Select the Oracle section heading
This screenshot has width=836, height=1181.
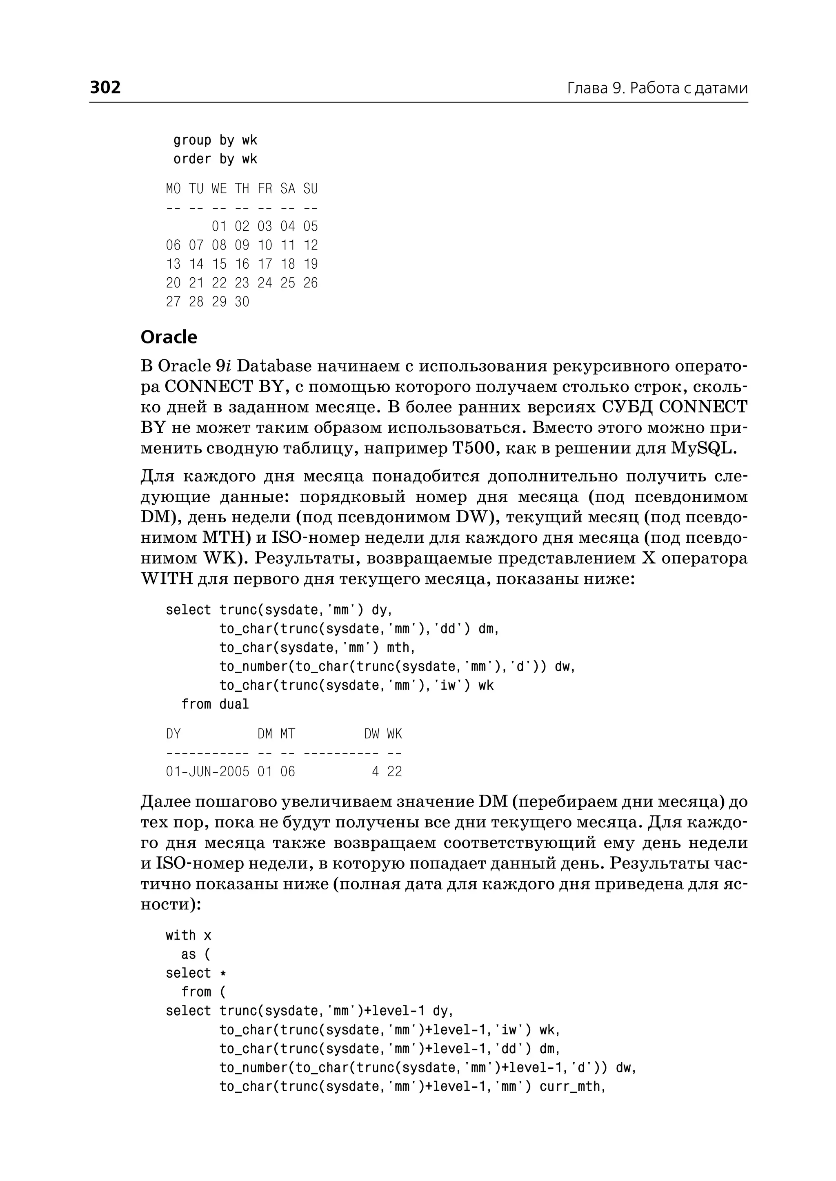pos(169,337)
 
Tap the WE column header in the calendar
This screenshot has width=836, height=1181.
pos(219,189)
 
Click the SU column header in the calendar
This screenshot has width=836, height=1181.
pos(310,189)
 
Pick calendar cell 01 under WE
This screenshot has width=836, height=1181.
pos(219,227)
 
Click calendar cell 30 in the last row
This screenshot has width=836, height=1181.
pos(242,302)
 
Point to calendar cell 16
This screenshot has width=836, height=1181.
pos(242,264)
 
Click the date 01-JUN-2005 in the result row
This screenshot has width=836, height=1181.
pos(207,771)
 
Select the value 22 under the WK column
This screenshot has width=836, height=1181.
pos(394,771)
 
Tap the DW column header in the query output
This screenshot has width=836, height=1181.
pos(372,734)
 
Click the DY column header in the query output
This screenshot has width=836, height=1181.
pos(173,734)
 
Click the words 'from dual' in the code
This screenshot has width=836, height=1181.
pos(215,704)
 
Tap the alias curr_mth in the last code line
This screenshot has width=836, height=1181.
pos(570,1086)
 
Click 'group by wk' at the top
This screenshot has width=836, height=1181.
pos(215,140)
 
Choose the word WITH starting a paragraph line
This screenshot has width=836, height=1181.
pos(166,579)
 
